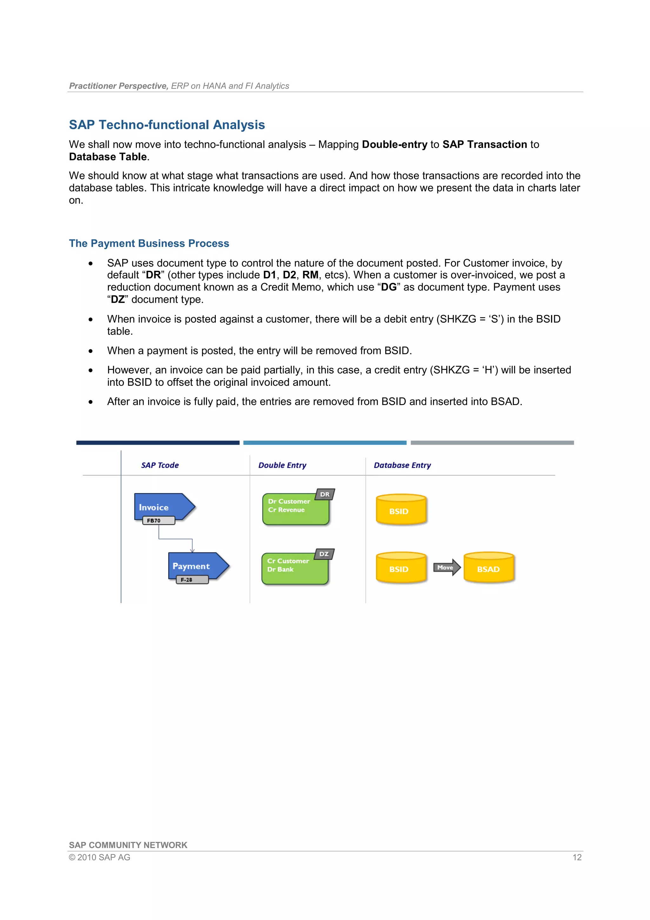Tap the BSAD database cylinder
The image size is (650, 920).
click(488, 568)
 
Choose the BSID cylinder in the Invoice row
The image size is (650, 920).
click(401, 510)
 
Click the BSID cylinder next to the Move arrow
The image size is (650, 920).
click(401, 568)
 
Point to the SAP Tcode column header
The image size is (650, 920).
click(160, 465)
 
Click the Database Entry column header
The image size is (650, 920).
click(402, 465)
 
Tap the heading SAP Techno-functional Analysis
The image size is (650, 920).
click(167, 125)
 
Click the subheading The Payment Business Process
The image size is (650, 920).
click(149, 243)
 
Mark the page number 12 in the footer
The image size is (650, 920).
click(577, 857)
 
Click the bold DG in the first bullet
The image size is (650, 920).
click(388, 287)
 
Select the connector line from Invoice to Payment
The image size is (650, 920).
click(176, 539)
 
